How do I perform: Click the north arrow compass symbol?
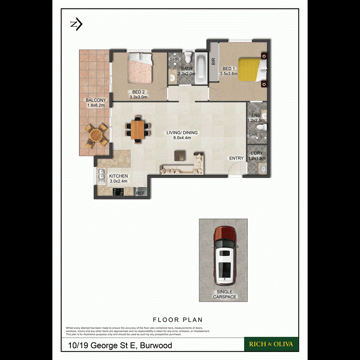[x=76, y=25]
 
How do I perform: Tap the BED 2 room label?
[x=138, y=92]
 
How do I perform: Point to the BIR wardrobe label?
[x=213, y=61]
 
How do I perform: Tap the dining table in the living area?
[x=138, y=129]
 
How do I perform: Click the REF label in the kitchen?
[x=140, y=193]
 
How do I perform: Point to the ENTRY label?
[x=236, y=158]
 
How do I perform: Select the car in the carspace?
[x=224, y=254]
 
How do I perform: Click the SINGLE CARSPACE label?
[x=224, y=294]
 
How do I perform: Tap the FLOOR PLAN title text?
[x=178, y=320]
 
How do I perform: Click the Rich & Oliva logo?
[x=271, y=344]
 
